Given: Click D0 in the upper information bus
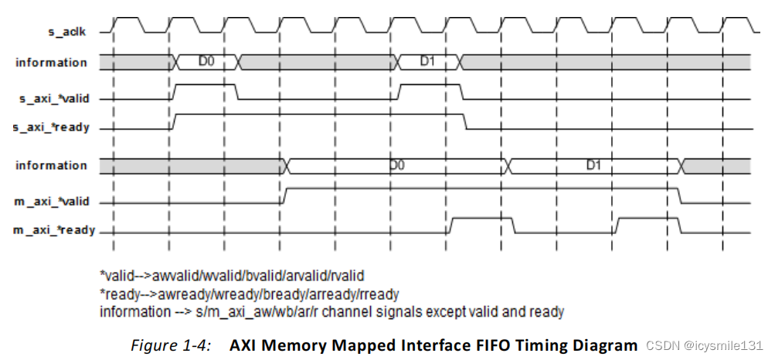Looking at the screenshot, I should [206, 61].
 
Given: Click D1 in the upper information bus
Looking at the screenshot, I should [428, 61].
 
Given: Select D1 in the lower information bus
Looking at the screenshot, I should [593, 166].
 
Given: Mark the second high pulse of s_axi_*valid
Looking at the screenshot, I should [429, 85].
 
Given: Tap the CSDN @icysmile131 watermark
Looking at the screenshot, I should [704, 345].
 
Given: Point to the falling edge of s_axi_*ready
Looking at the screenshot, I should [466, 121].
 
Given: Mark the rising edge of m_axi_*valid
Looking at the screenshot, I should [284, 195].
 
